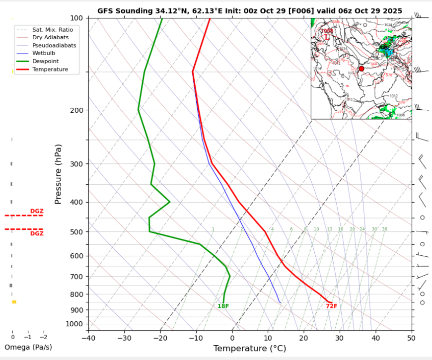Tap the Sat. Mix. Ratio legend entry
(x=52, y=30)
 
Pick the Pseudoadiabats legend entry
(x=54, y=45)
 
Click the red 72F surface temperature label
(x=331, y=306)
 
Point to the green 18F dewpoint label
(x=223, y=306)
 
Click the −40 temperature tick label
(x=88, y=338)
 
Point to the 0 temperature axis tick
(x=232, y=338)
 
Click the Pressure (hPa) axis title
(x=58, y=174)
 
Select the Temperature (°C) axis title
(x=250, y=349)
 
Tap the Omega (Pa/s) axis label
(x=28, y=347)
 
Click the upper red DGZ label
(x=37, y=211)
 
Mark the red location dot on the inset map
(x=361, y=69)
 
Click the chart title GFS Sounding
(x=250, y=10)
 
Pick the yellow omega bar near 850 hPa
(x=14, y=302)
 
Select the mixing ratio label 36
(x=384, y=229)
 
